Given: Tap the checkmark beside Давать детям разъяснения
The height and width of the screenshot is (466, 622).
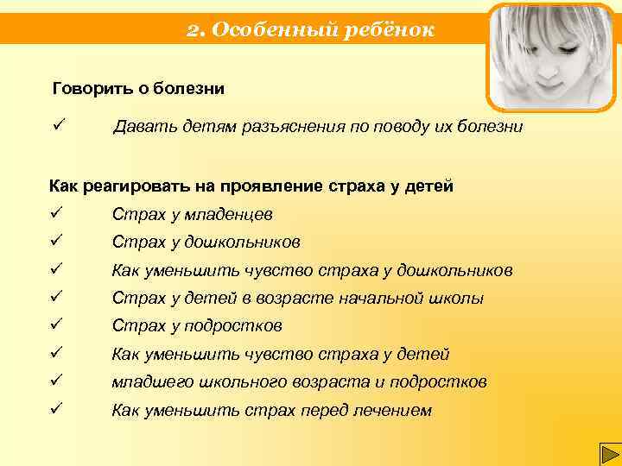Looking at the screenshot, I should (59, 127).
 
